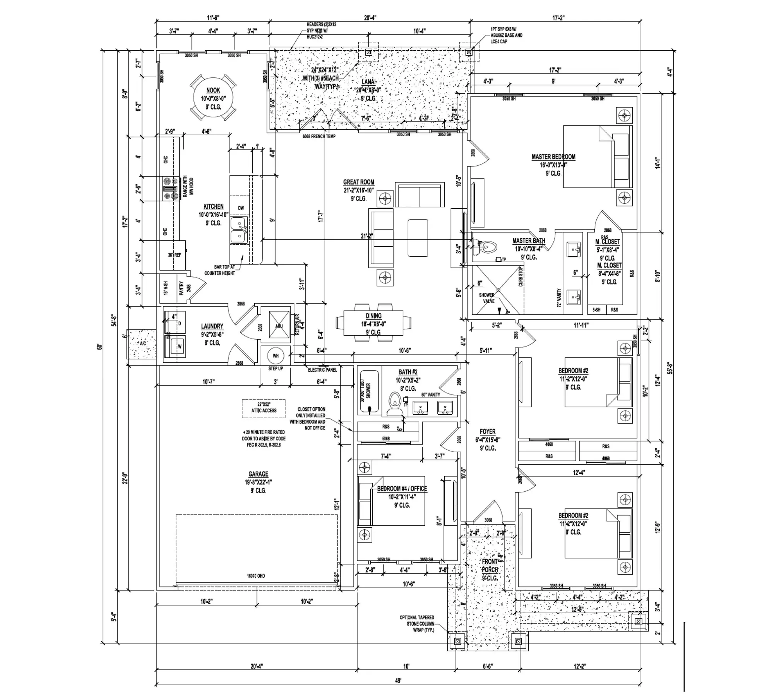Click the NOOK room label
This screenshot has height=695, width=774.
pos(213,91)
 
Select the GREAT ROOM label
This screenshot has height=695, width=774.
pos(358,182)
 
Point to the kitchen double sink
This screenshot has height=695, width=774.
pos(238,230)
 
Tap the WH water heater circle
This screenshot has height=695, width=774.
pos(275,356)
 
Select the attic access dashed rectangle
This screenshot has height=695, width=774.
pos(264,408)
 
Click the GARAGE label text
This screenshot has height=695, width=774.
pos(258,474)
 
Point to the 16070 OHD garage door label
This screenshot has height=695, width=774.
pos(256,576)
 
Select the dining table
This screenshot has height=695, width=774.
pos(373,323)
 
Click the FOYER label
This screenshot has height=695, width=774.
pos(488,431)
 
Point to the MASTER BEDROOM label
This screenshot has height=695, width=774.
pos(553,157)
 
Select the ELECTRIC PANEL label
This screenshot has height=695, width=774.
pos(322,370)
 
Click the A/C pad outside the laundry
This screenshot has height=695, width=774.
pos(142,343)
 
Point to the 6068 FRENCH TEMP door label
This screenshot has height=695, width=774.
pos(319,136)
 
